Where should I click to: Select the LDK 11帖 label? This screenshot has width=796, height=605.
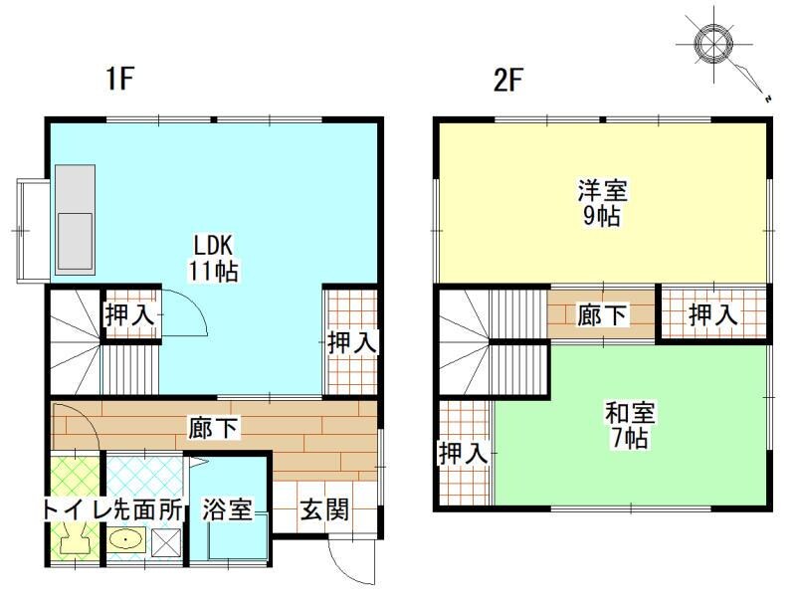click(x=214, y=257)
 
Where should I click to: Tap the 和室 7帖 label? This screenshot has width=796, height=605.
click(x=629, y=425)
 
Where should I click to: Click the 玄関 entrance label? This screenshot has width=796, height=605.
click(x=324, y=510)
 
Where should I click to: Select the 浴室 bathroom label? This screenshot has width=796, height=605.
click(x=226, y=510)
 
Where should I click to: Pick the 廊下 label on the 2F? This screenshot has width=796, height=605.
click(x=602, y=315)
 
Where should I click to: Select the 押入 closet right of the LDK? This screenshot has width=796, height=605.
click(x=352, y=341)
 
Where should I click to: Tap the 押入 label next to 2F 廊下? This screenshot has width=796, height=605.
click(x=713, y=315)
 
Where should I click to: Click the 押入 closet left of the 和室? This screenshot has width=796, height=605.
click(x=464, y=454)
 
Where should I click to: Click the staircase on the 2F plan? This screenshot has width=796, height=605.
click(x=492, y=343)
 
